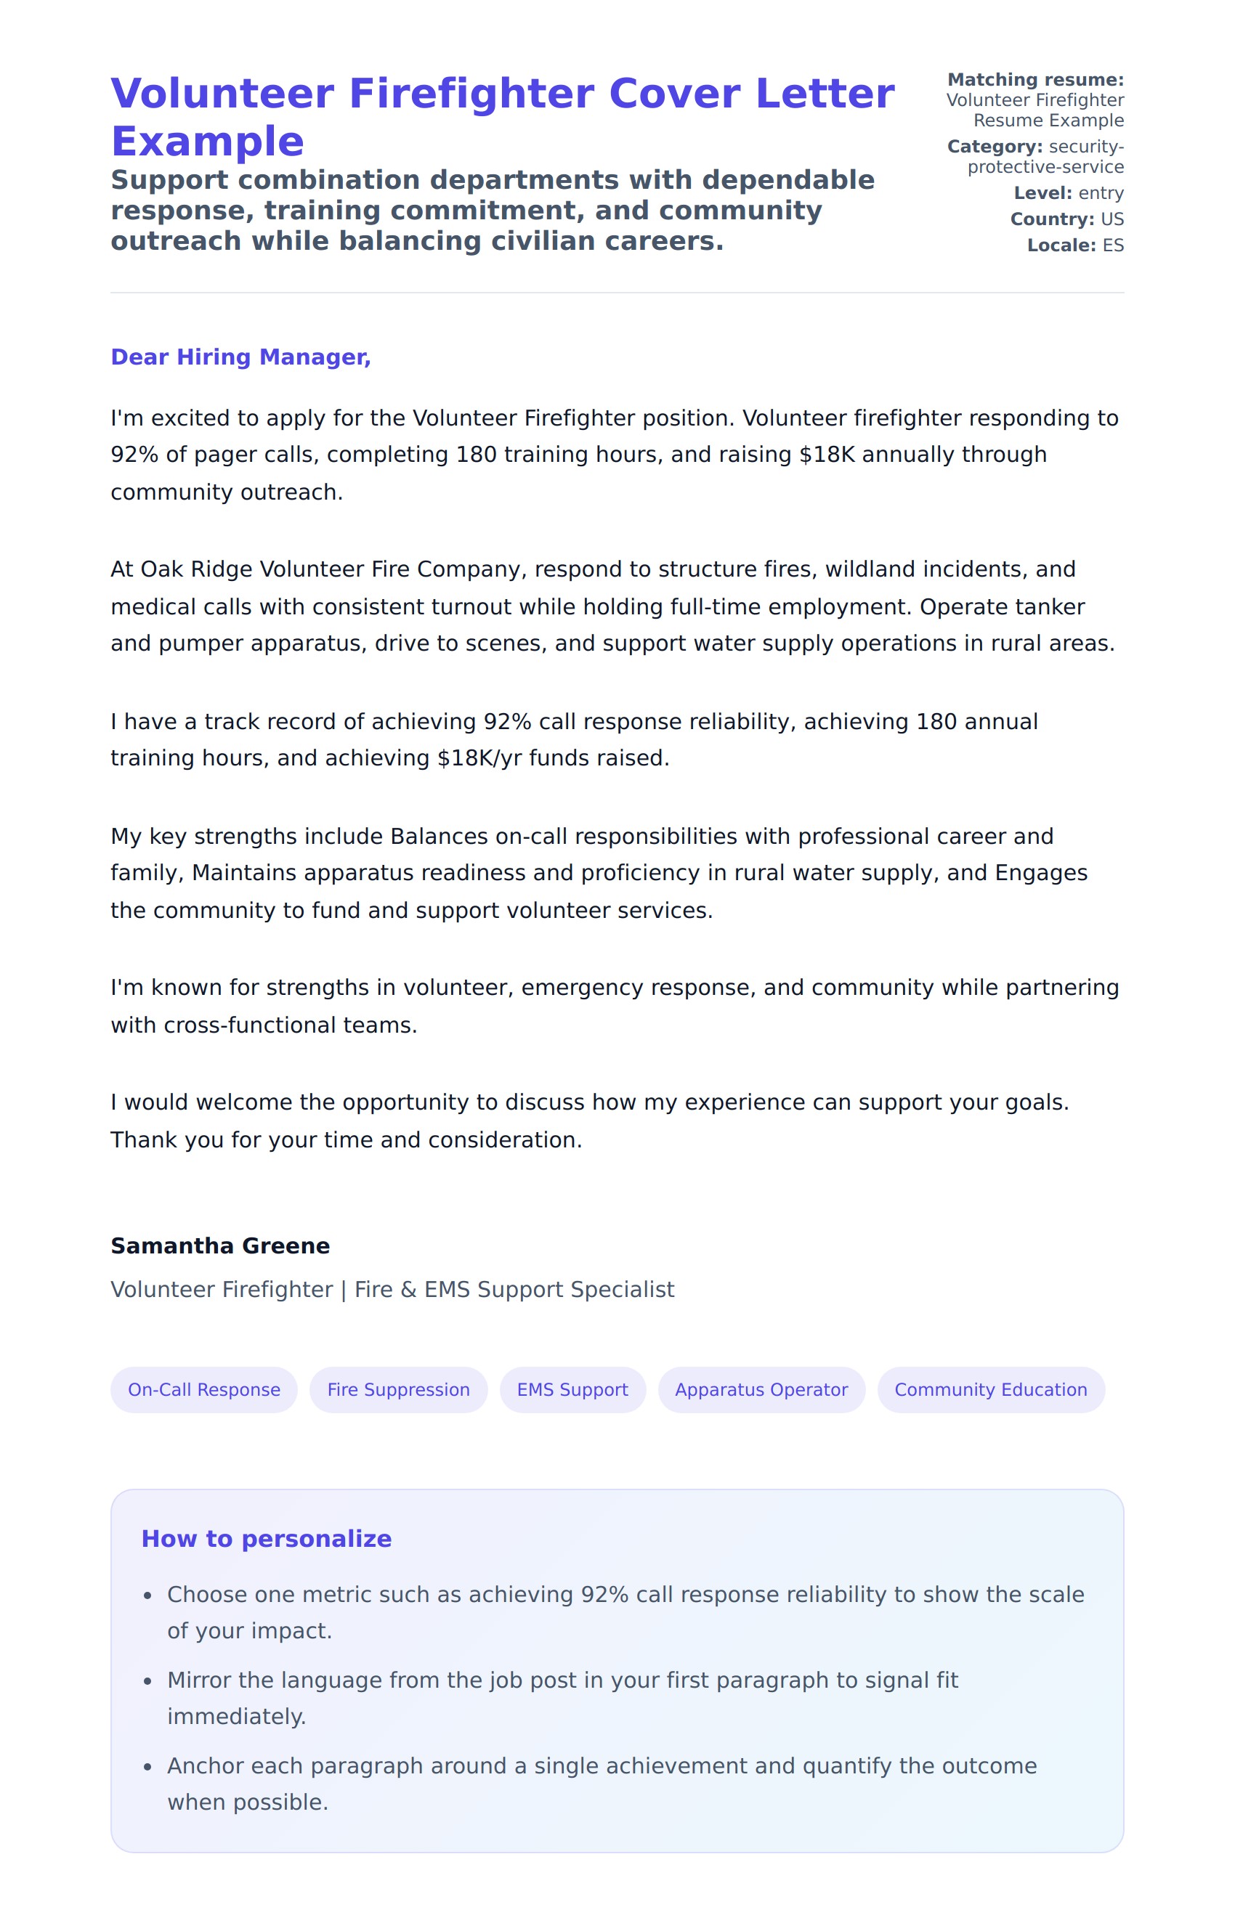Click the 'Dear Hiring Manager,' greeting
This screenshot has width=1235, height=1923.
240,357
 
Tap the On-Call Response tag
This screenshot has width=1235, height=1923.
203,1389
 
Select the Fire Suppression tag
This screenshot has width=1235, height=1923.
398,1389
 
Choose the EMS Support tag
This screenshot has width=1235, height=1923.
572,1389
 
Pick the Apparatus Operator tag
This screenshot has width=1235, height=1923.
761,1389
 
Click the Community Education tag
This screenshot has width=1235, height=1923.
990,1389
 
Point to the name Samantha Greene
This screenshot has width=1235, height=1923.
219,1245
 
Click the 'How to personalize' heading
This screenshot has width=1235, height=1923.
266,1538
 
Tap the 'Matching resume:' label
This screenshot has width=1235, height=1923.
1035,80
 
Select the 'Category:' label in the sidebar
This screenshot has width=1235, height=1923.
995,147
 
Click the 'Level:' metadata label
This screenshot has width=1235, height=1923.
1042,193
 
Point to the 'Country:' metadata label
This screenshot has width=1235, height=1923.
1052,219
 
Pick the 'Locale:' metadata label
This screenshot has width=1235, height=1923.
1061,245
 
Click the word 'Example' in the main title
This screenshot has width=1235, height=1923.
207,142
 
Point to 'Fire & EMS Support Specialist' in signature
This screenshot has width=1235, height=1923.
514,1289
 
